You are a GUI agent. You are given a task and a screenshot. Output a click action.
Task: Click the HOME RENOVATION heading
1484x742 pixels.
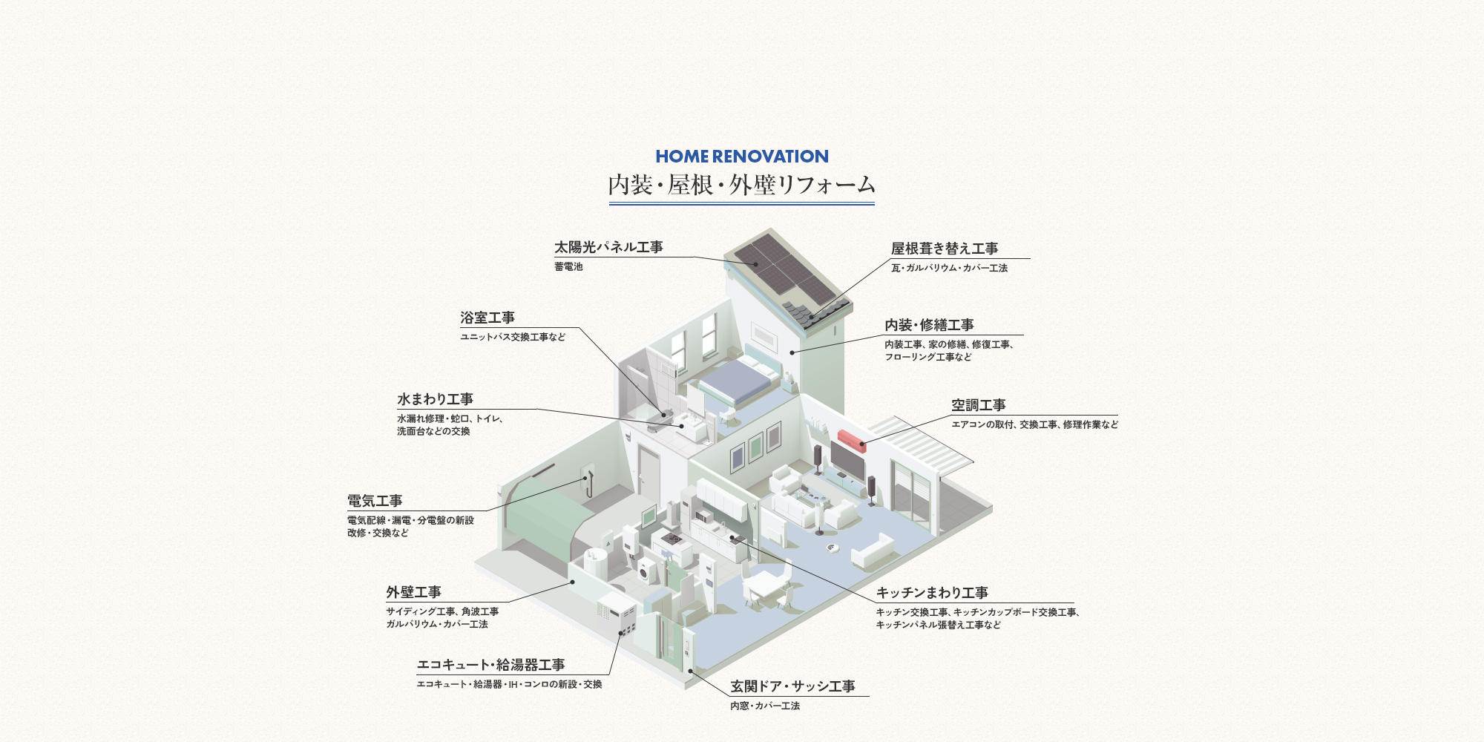(742, 157)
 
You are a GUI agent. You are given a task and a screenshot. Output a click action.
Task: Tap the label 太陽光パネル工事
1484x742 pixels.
(608, 247)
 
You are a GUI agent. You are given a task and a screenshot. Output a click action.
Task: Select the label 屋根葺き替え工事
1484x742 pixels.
(945, 249)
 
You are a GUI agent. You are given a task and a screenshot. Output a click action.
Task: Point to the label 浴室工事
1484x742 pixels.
(487, 318)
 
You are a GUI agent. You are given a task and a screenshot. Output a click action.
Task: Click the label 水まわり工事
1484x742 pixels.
(435, 399)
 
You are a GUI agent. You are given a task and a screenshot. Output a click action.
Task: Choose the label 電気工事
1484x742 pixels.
(375, 501)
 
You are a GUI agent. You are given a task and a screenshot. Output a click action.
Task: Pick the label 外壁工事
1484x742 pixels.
(413, 592)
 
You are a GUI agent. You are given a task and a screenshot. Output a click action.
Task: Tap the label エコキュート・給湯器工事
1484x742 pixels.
(491, 665)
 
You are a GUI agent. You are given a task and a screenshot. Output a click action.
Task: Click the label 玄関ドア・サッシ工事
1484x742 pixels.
(792, 686)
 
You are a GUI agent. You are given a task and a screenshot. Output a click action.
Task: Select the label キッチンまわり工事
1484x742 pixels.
(932, 593)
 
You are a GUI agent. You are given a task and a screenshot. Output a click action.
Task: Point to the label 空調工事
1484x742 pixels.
(979, 405)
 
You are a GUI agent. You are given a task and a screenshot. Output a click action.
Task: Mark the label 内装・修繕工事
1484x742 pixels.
(929, 325)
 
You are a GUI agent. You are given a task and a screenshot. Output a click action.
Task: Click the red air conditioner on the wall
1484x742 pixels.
(853, 440)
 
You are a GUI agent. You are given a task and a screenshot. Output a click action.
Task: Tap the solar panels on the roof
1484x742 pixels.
(787, 270)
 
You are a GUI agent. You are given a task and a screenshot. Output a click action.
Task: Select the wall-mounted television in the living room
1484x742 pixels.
(847, 460)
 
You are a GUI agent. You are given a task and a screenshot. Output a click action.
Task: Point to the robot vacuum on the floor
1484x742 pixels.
(833, 548)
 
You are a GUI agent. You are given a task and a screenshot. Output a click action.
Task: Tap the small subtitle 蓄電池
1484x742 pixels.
(568, 266)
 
